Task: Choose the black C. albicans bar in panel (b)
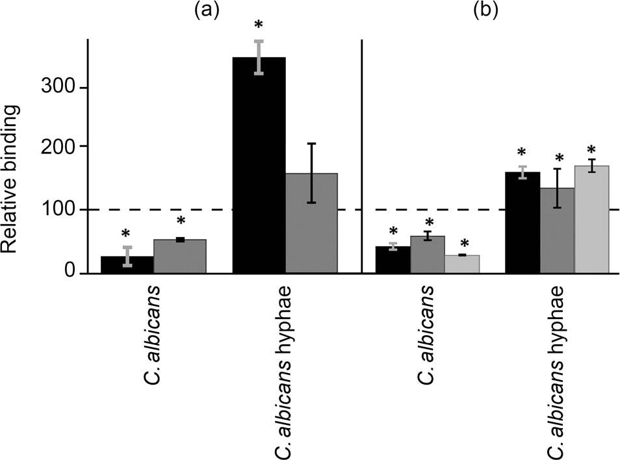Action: click(393, 260)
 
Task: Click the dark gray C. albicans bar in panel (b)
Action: click(428, 254)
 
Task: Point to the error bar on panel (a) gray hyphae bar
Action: click(311, 173)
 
